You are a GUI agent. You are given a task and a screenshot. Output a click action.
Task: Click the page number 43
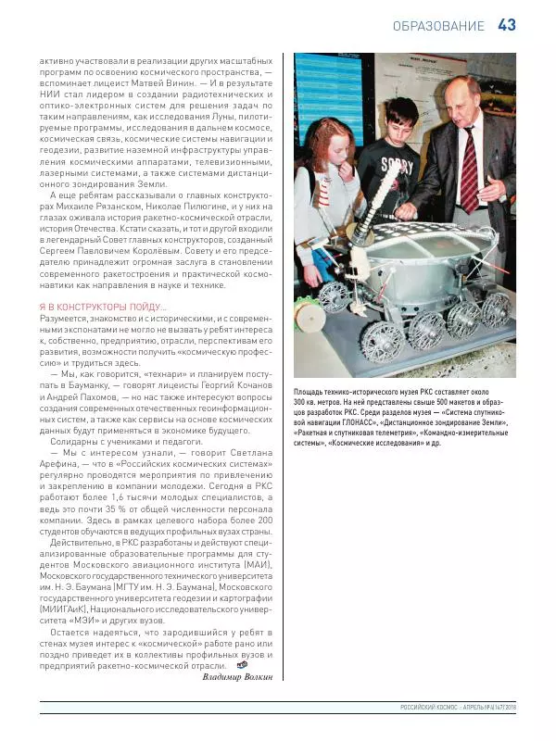(507, 25)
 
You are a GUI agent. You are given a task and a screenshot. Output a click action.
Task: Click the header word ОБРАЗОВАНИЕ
(437, 26)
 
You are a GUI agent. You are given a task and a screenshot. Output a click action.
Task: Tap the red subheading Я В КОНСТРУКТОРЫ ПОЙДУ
(103, 307)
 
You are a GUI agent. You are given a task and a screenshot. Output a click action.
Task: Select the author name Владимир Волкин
(237, 676)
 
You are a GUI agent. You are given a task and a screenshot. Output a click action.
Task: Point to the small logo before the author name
(242, 664)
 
